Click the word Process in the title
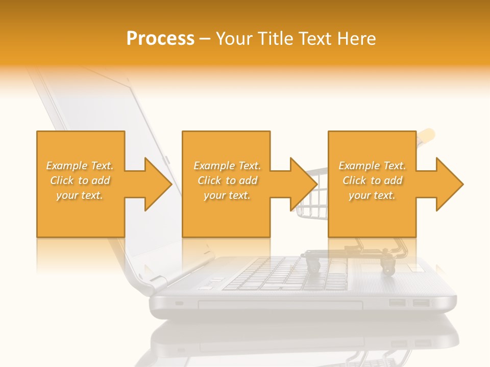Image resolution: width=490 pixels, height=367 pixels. click(160, 39)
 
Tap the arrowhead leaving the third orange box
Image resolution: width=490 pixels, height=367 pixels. click(449, 184)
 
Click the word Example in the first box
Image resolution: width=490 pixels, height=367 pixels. click(66, 166)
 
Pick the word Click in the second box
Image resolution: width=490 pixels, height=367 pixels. click(209, 180)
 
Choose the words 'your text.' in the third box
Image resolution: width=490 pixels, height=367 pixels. click(372, 195)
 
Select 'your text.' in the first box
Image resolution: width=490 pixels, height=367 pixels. click(80, 195)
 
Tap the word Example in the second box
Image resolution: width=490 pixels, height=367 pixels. click(214, 166)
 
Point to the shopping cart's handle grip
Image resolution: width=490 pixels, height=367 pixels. click(427, 135)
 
